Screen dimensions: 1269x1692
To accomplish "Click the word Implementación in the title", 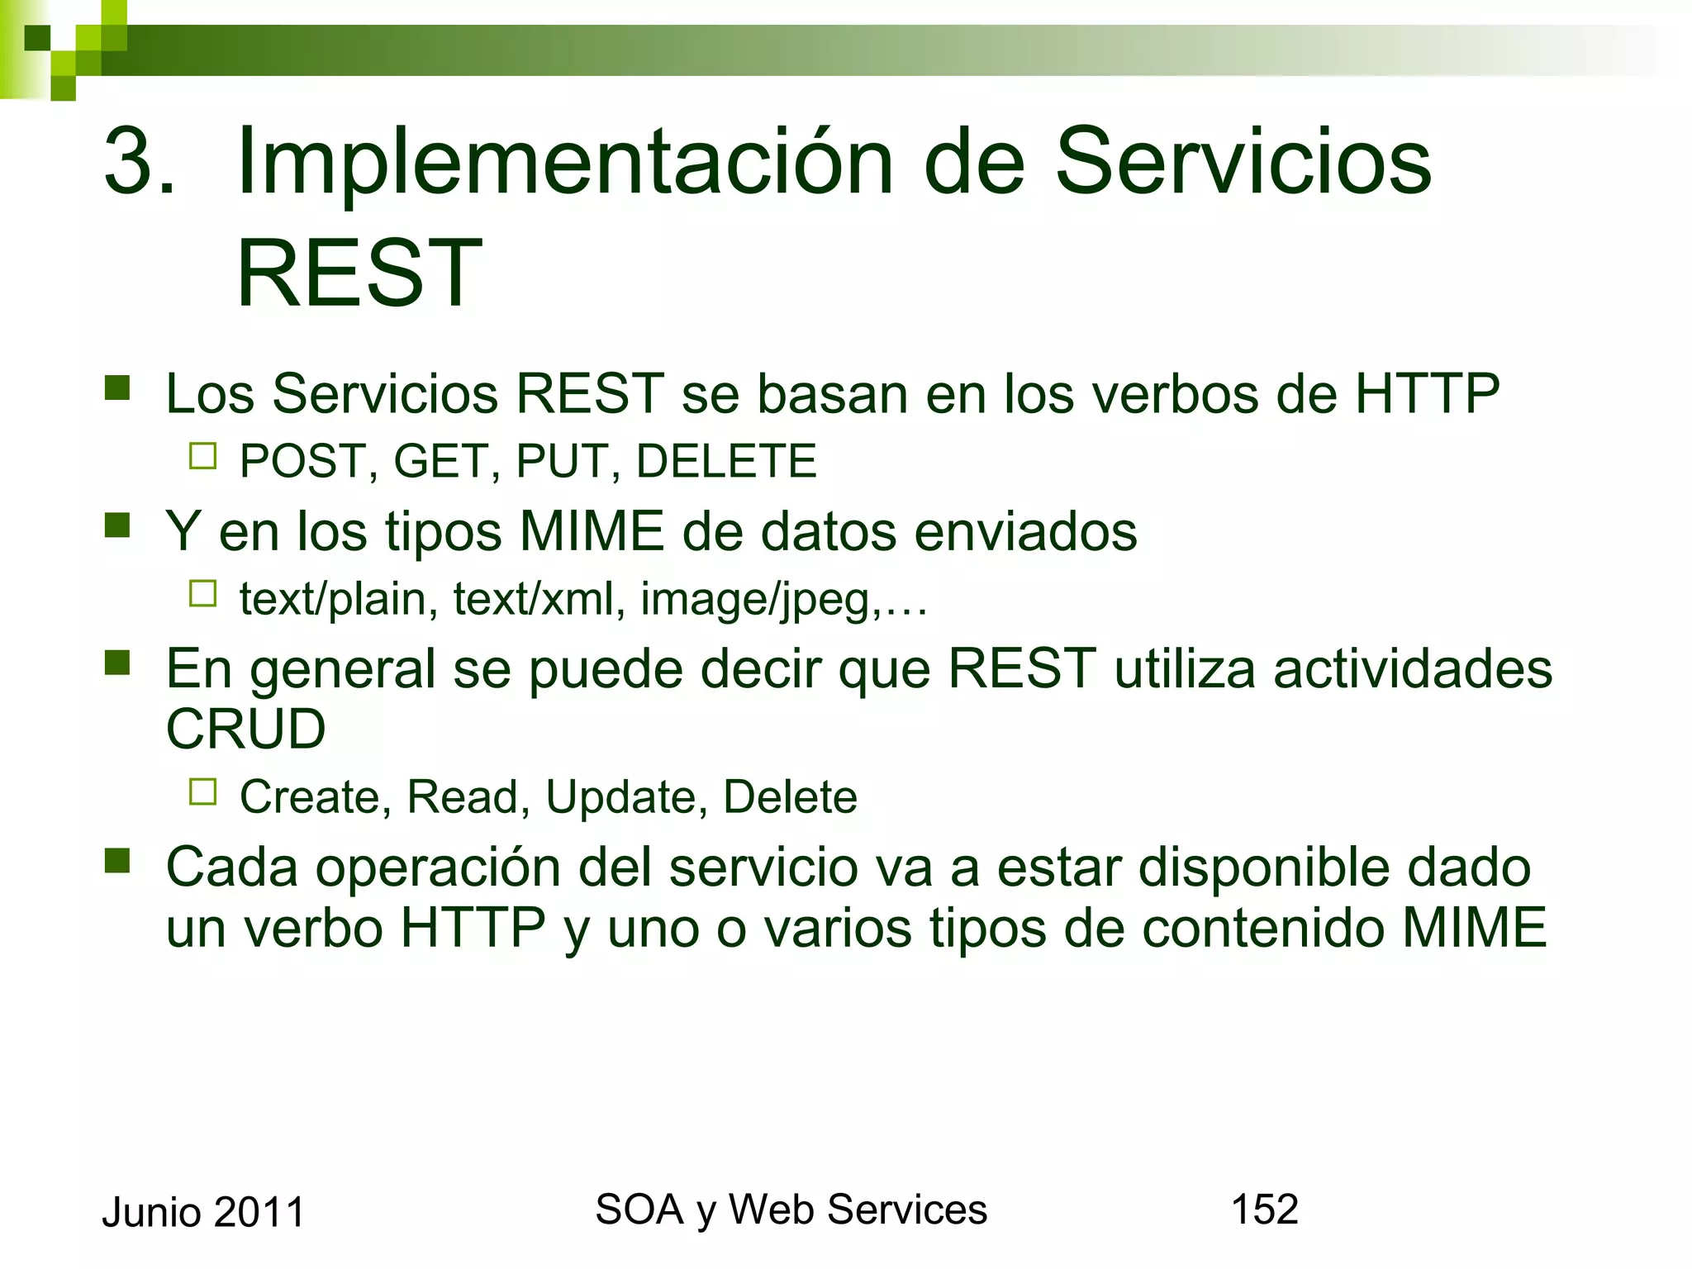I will coord(564,163).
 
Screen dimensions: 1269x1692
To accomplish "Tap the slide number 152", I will coord(1264,1210).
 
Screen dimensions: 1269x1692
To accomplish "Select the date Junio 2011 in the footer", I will coord(203,1213).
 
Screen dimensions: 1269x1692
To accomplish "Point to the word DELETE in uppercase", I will coord(726,461).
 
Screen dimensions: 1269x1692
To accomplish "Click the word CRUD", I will coord(246,730).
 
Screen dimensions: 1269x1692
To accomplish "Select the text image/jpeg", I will coord(756,599).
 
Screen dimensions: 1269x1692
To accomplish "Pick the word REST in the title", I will coord(359,273).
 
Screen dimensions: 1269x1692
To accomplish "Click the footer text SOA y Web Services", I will coord(791,1210).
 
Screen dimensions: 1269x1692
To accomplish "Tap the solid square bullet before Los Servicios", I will coord(118,388).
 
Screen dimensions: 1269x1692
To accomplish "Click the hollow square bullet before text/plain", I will coord(202,593).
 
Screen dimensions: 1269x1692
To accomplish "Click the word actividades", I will coord(1412,668).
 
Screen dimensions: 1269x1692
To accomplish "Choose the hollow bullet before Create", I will coord(202,791).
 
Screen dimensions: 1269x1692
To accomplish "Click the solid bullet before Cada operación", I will coord(118,861).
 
